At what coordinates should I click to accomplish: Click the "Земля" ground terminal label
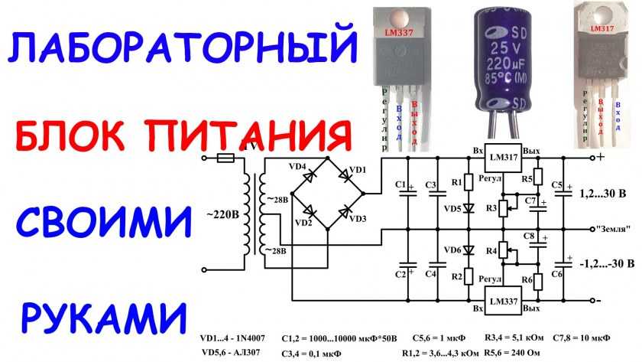coord(611,229)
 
